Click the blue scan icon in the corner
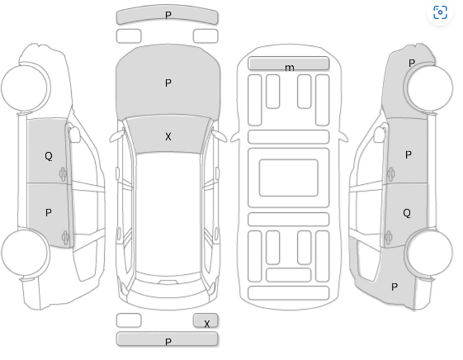[x=440, y=12]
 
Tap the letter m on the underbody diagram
[x=290, y=68]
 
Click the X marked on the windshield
[x=168, y=137]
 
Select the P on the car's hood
[x=168, y=83]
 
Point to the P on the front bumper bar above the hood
[x=168, y=15]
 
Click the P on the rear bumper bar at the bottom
[x=168, y=342]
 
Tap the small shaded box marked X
[x=206, y=320]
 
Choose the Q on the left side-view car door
[x=49, y=156]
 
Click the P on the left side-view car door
[x=49, y=213]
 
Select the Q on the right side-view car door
[x=407, y=213]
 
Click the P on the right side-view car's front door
[x=409, y=154]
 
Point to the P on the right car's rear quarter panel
[x=394, y=287]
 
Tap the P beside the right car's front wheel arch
[x=412, y=63]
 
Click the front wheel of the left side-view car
[x=26, y=88]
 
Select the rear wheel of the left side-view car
[x=26, y=253]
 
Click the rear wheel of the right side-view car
[x=428, y=253]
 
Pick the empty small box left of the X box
[x=129, y=320]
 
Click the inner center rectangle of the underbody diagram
[x=289, y=178]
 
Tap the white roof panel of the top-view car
[x=168, y=213]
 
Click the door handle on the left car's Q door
[x=63, y=174]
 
